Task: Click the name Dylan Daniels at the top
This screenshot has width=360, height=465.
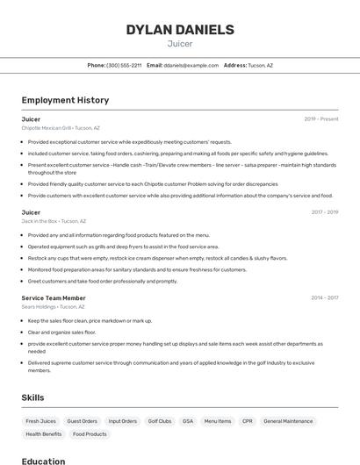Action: click(180, 30)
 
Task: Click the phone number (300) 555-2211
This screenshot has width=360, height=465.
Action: click(124, 65)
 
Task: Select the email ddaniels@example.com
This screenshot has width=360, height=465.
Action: click(191, 65)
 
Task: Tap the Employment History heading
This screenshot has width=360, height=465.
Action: click(65, 100)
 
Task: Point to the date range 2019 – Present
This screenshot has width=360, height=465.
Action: click(321, 119)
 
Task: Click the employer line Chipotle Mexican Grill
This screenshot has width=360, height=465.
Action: click(61, 128)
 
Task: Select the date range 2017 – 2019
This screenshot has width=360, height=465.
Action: click(324, 212)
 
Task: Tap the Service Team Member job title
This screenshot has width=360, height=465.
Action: click(54, 298)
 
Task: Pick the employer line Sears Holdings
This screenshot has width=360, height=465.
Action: click(54, 307)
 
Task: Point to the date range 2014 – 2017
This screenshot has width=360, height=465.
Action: click(324, 298)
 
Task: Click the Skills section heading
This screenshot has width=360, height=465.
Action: click(33, 397)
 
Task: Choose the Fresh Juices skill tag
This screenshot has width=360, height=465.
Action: click(40, 421)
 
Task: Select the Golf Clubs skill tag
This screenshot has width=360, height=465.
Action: click(159, 421)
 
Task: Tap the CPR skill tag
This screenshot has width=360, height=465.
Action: click(247, 421)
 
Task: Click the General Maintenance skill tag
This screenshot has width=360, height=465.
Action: click(288, 421)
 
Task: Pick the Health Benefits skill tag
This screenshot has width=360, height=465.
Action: click(44, 434)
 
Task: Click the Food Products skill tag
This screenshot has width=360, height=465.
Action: click(90, 434)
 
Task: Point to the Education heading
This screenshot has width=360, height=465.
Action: click(43, 461)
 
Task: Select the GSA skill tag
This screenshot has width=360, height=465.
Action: click(188, 421)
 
